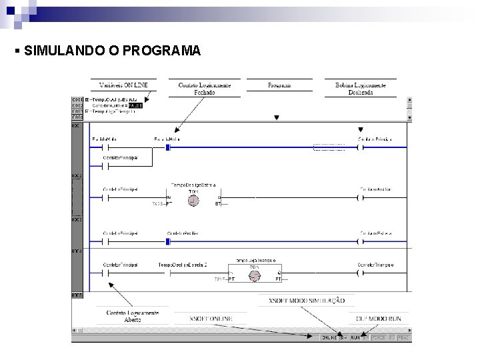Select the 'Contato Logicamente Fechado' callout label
[205, 89]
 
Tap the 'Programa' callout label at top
[279, 85]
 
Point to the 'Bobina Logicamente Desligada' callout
[363, 89]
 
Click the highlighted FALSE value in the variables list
[135, 105]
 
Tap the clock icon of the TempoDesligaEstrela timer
[194, 201]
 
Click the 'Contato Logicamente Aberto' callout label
[132, 315]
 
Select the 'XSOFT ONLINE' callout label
[211, 319]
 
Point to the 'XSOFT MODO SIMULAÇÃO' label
[306, 301]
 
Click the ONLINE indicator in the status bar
[329, 338]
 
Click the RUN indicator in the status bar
[355, 338]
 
